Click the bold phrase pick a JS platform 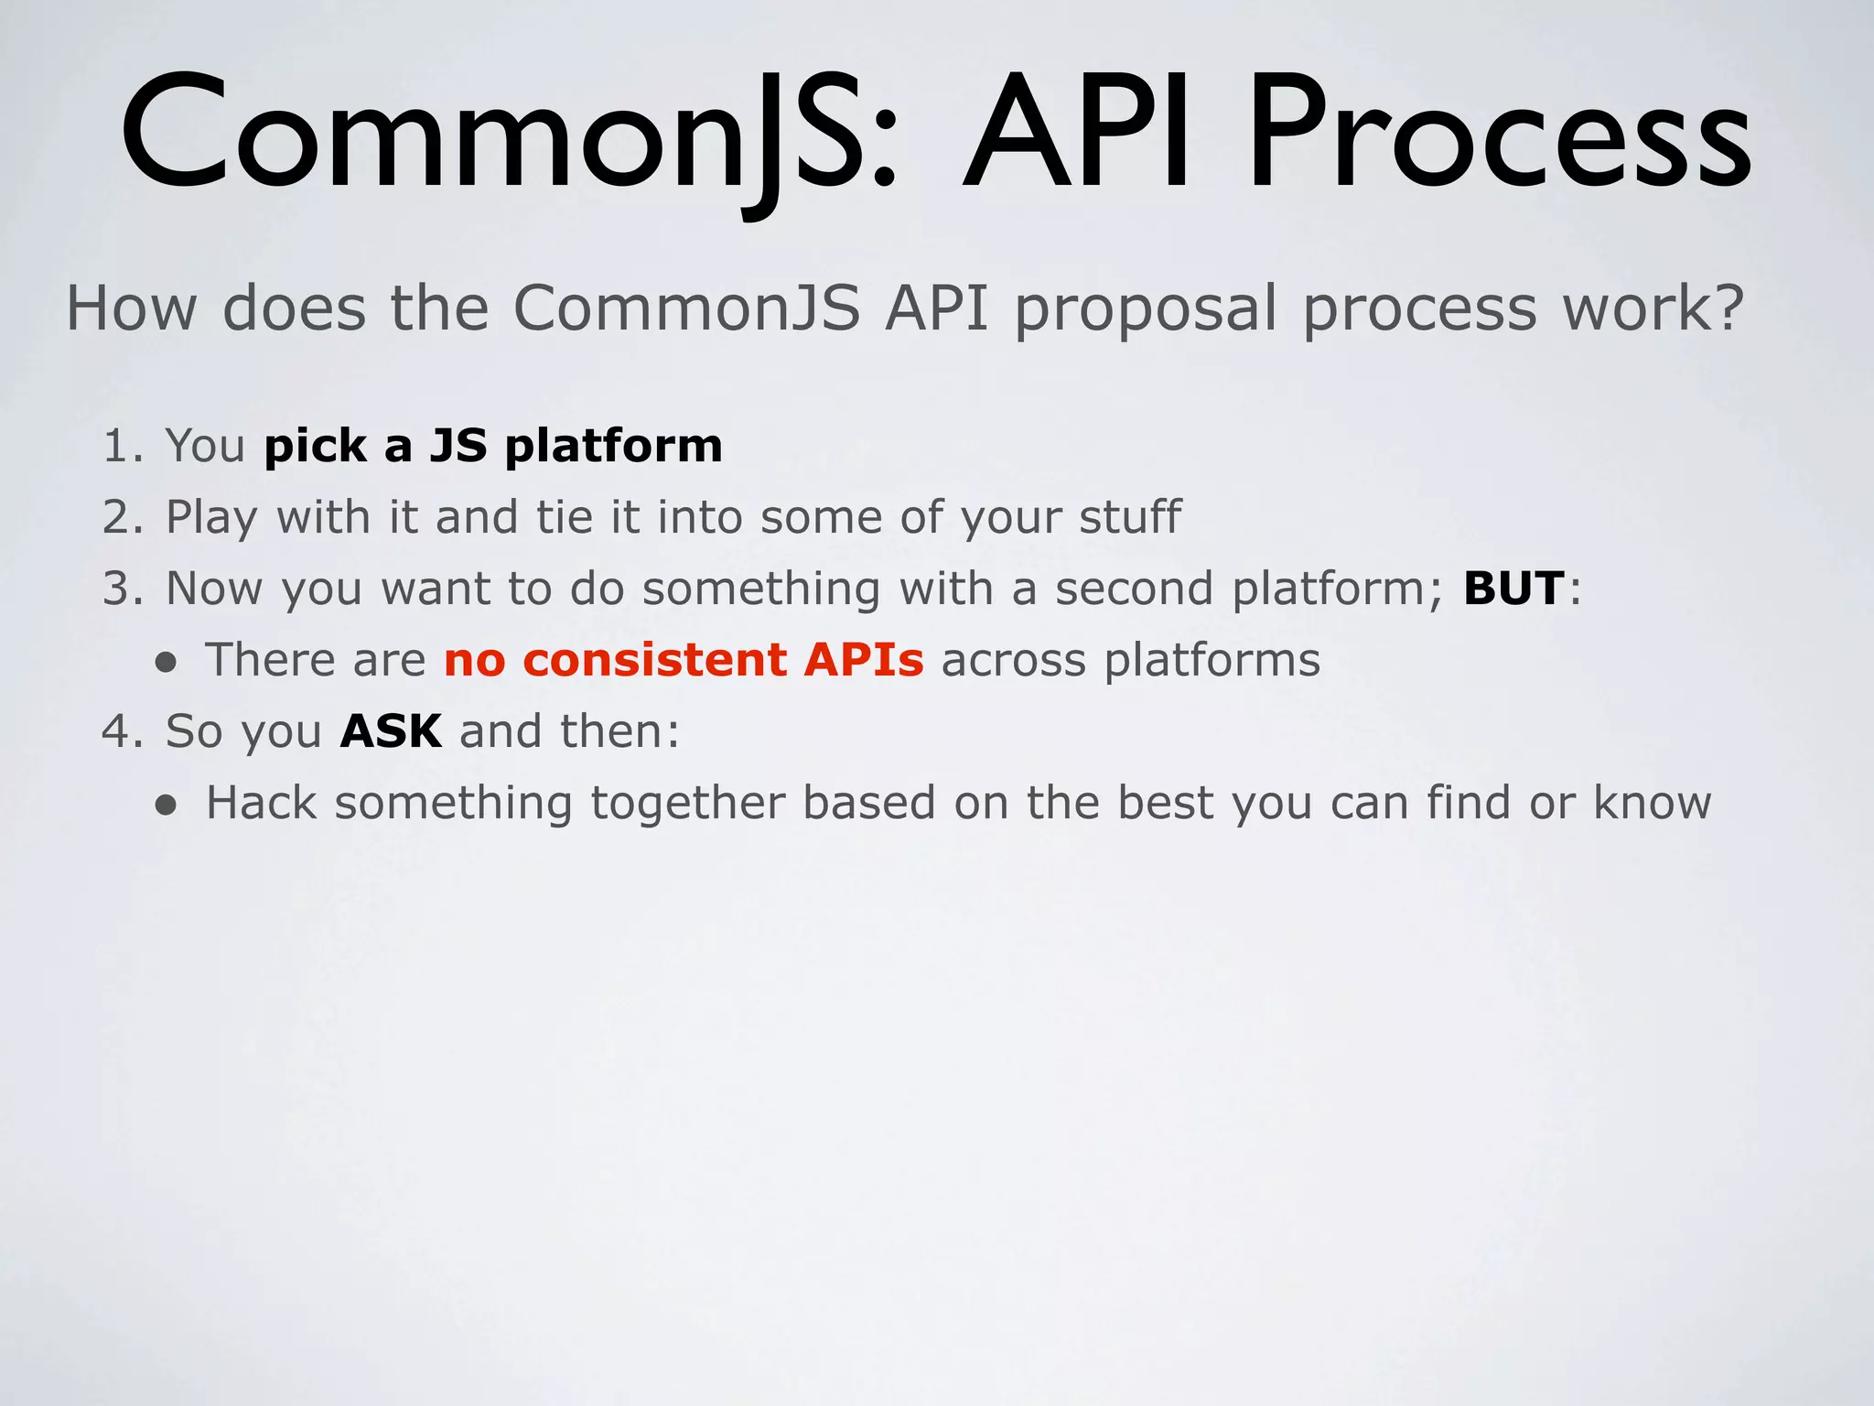(x=493, y=447)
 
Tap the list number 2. (x=119, y=517)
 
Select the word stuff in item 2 (x=1129, y=517)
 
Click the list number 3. (x=119, y=589)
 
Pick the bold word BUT (x=1513, y=589)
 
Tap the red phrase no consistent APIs (x=684, y=660)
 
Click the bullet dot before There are (x=166, y=663)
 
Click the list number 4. (x=118, y=731)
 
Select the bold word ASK (x=391, y=731)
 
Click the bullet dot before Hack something (x=166, y=806)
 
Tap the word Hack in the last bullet (x=261, y=803)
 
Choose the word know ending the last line (x=1652, y=803)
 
